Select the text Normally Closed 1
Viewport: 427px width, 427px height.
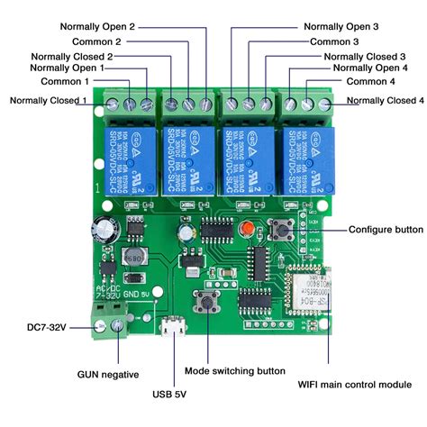click(x=48, y=100)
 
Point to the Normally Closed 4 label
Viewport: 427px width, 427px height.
click(x=384, y=100)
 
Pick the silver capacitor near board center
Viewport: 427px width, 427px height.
click(x=187, y=235)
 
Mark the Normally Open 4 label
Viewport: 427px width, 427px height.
click(x=369, y=68)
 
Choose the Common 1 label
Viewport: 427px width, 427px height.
click(x=71, y=81)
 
